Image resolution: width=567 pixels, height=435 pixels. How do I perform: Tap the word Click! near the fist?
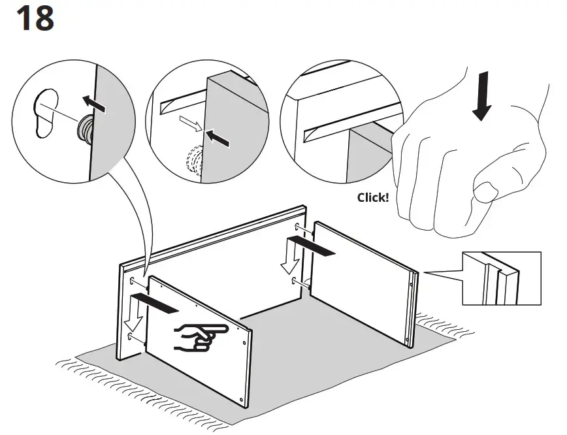pos(372,197)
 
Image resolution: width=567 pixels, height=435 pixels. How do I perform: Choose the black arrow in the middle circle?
pos(218,137)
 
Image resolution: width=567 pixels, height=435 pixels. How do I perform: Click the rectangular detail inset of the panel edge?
pos(501,278)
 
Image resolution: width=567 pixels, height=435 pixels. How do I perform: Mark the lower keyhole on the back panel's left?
pos(134,335)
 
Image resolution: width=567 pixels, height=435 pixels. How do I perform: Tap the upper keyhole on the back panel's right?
pos(298,227)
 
